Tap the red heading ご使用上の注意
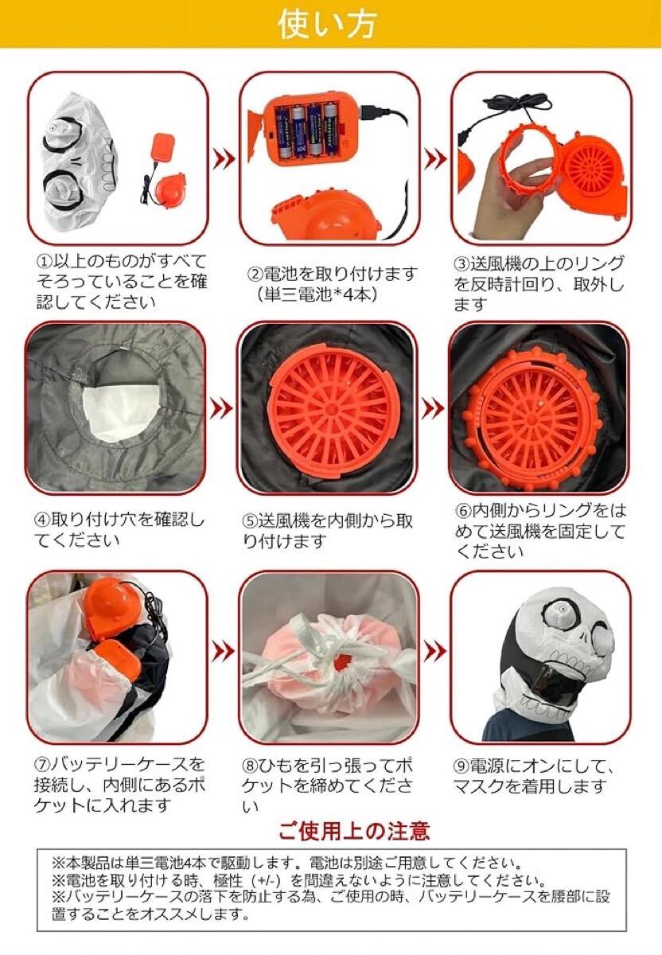tap(354, 831)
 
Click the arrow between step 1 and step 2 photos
tap(224, 159)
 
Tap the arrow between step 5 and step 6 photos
tap(433, 409)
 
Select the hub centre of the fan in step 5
tap(331, 409)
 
